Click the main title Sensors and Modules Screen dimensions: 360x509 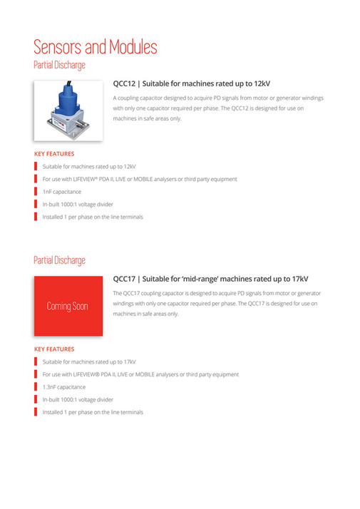point(96,48)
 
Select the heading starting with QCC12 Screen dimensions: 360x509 point(191,83)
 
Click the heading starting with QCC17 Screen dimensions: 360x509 point(210,278)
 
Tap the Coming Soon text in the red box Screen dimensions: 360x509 point(68,306)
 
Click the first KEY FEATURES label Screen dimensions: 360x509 point(54,153)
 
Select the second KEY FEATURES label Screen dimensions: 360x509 point(54,349)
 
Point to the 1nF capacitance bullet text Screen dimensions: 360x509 point(61,192)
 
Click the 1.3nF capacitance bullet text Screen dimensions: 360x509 point(63,387)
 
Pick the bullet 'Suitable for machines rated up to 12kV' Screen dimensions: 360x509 point(89,166)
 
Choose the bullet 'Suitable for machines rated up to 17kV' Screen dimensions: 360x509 point(89,361)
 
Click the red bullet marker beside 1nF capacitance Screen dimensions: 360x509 point(36,192)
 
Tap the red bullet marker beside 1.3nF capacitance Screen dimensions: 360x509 point(36,387)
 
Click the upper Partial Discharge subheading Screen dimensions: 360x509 point(59,65)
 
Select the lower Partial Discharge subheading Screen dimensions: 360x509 point(59,260)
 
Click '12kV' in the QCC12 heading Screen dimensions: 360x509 point(259,83)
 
